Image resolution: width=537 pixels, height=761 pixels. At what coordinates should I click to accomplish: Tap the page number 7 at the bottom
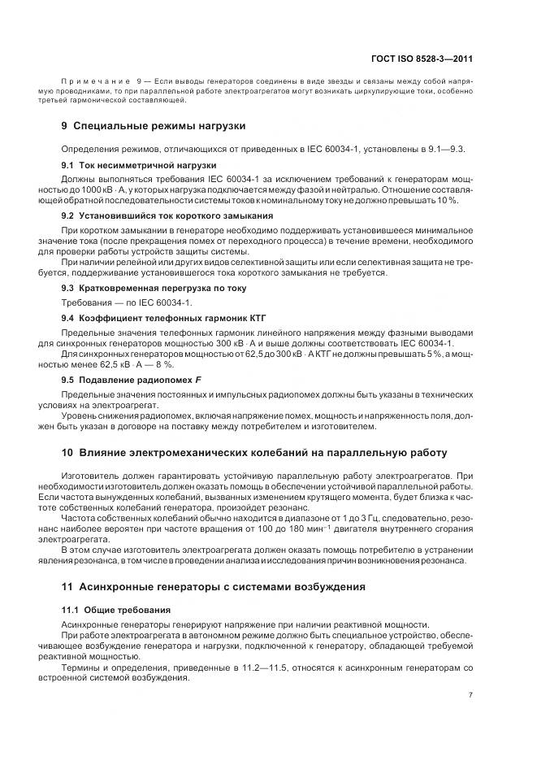click(x=470, y=694)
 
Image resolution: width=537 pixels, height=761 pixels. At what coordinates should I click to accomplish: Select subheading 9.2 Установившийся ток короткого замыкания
click(x=167, y=216)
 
